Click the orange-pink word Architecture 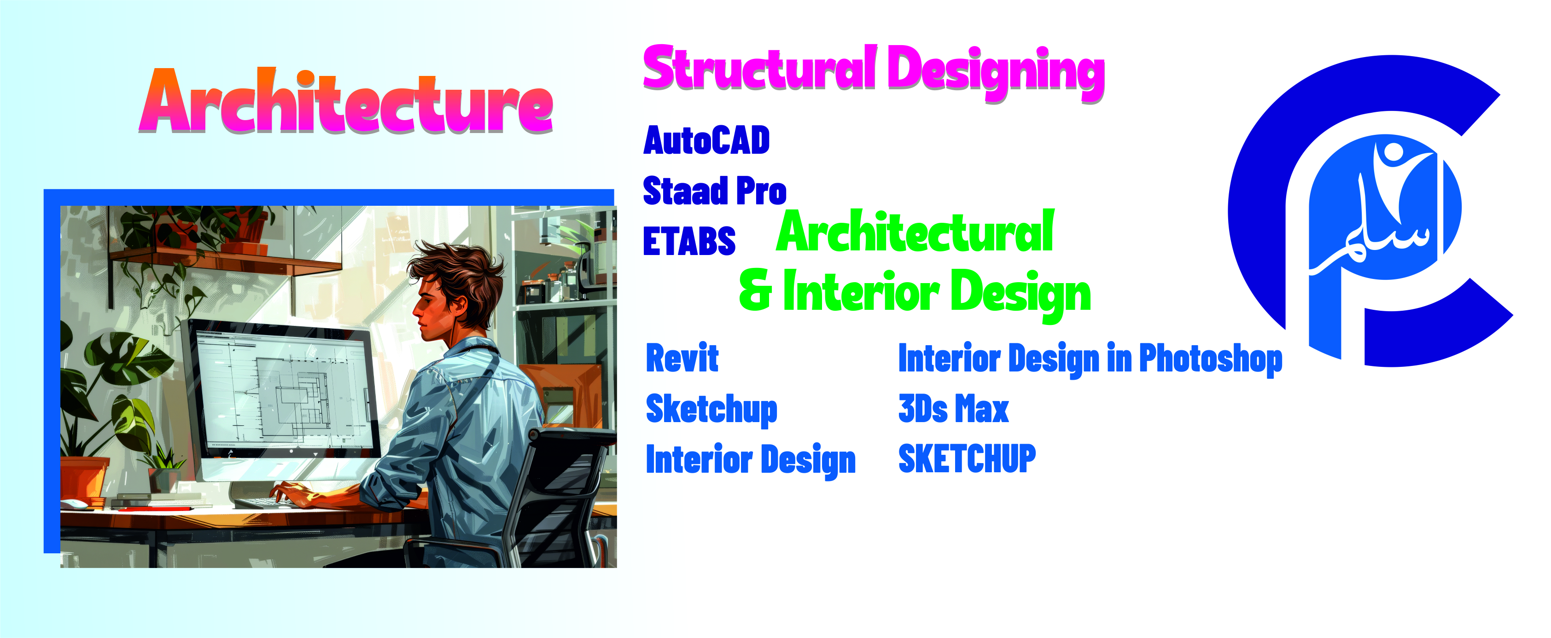(346, 101)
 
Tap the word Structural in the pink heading (760, 67)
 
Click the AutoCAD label (706, 140)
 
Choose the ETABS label (689, 241)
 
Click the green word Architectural (915, 231)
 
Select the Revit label (682, 358)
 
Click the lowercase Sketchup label (711, 410)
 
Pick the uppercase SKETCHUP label (967, 459)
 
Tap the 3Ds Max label (953, 409)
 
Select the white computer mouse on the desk (74, 504)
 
